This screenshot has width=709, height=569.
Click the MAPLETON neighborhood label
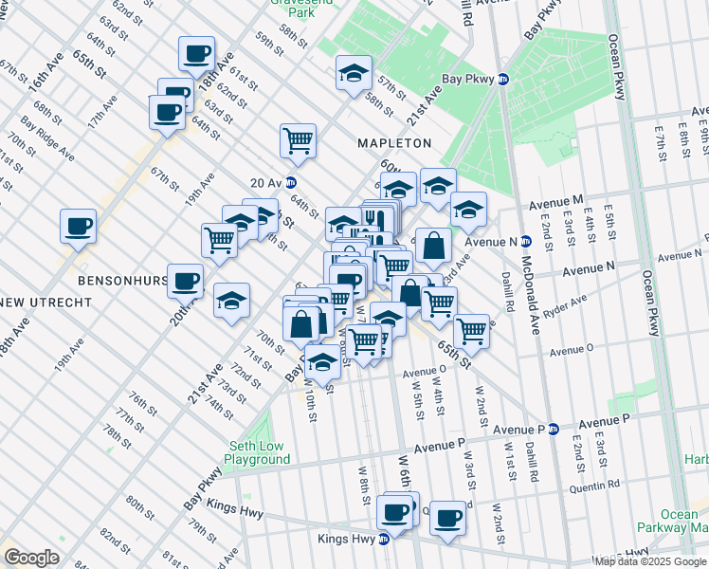(393, 143)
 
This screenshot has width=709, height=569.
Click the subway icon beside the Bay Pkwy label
(504, 80)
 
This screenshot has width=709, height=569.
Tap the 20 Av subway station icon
(292, 183)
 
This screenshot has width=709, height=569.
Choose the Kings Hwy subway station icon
(384, 540)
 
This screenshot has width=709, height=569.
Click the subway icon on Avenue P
(553, 429)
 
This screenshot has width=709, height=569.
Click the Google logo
(32, 557)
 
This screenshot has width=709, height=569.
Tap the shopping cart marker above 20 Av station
(298, 140)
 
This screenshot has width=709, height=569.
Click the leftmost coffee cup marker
(78, 227)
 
